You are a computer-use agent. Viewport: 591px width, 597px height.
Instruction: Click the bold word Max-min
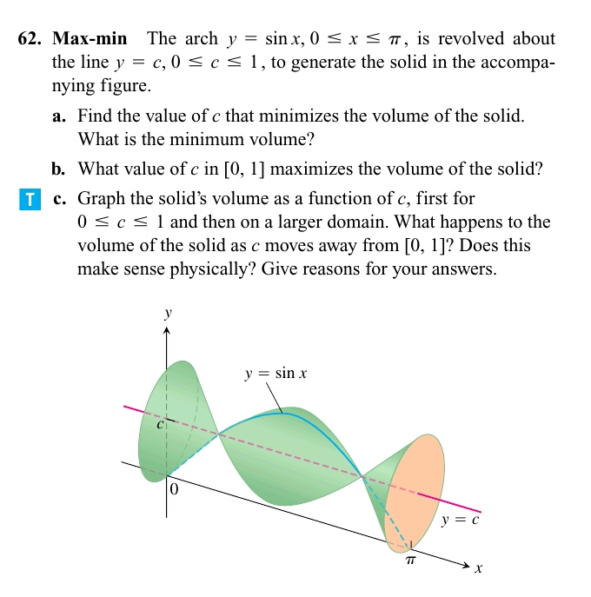90,39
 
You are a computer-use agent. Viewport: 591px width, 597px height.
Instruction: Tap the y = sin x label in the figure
276,375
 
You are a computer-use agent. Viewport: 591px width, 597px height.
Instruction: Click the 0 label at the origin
174,490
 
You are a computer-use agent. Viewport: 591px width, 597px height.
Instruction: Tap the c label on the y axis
160,426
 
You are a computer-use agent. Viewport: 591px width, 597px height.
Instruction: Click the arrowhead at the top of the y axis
167,331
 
